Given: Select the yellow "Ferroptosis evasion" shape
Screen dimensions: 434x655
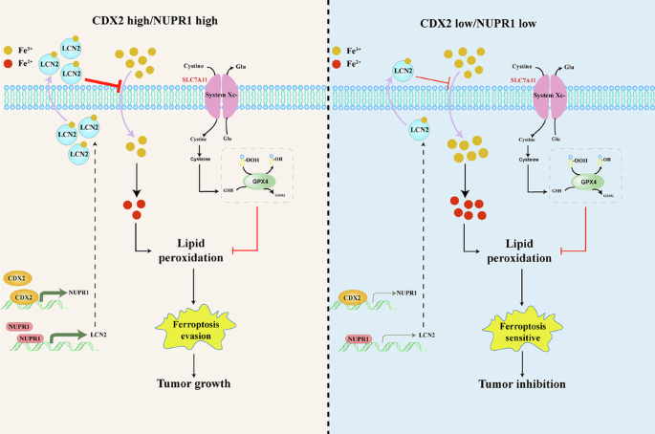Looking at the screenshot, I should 196,331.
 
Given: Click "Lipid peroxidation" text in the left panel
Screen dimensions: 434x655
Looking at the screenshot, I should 196,251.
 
